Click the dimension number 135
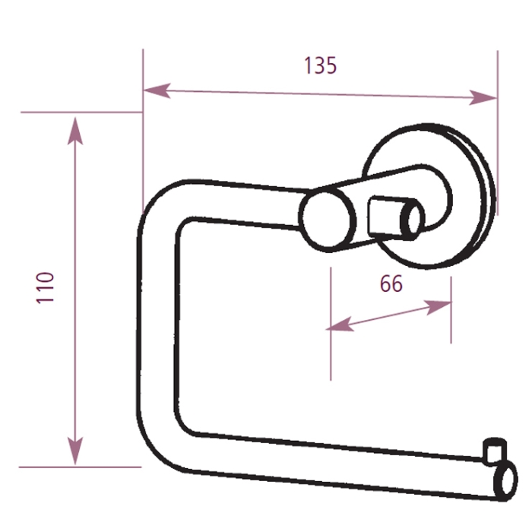point(320,65)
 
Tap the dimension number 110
point(47,287)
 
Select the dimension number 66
point(391,284)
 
